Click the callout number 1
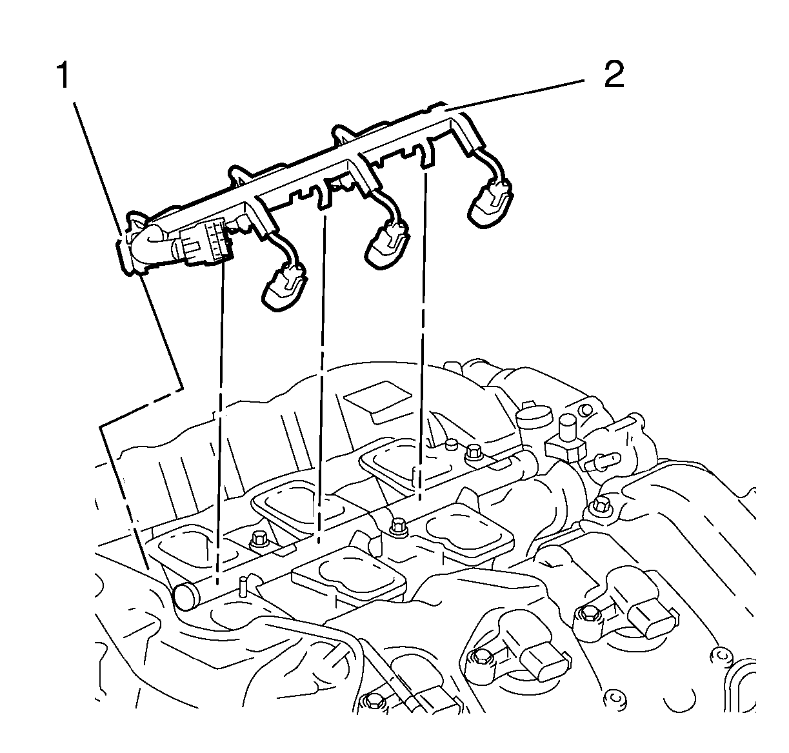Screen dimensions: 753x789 63,77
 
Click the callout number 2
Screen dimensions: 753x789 613,75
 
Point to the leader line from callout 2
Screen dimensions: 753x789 516,94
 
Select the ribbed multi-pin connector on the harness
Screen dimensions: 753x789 205,244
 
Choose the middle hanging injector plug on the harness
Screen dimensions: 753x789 387,246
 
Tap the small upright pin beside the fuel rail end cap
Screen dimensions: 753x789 243,585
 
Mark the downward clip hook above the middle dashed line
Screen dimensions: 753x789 322,198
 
